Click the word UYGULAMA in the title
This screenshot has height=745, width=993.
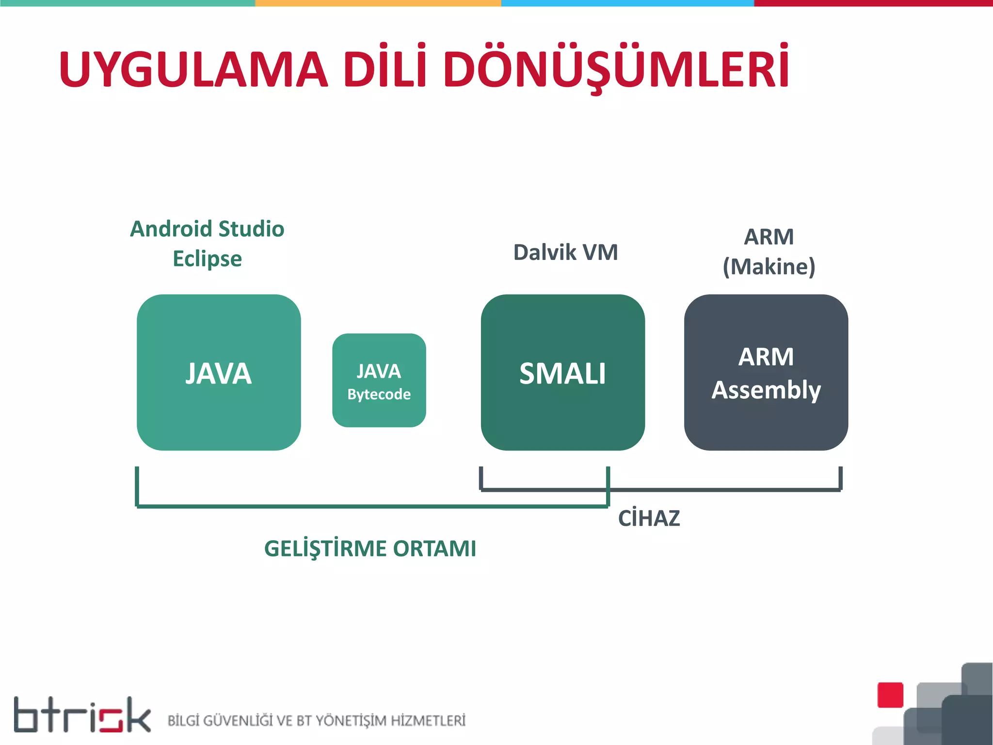[x=193, y=69]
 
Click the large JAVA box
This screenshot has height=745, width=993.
[x=219, y=372]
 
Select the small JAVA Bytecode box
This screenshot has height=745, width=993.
[x=379, y=380]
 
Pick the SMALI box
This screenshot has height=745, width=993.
[x=562, y=372]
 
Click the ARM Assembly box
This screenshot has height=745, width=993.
[x=766, y=372]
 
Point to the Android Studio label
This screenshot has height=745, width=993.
[x=207, y=229]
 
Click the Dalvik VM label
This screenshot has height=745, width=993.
[x=565, y=252]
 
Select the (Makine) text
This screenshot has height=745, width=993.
[x=769, y=267]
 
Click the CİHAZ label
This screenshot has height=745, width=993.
[x=649, y=518]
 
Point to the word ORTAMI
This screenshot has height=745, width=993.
[x=434, y=549]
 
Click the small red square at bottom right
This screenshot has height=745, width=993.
[x=890, y=695]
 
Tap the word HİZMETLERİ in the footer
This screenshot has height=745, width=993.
[x=428, y=721]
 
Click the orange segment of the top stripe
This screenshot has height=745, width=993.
[x=378, y=3]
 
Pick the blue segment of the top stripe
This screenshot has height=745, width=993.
[x=627, y=3]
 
